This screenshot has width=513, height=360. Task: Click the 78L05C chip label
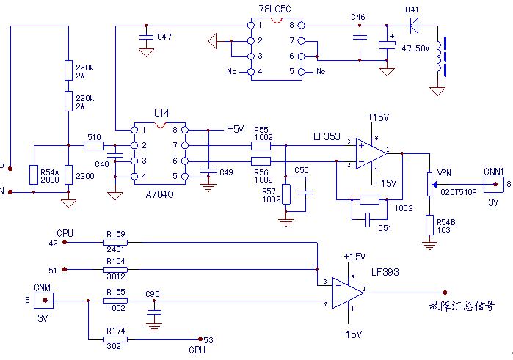click(275, 8)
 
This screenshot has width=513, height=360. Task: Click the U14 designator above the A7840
click(161, 114)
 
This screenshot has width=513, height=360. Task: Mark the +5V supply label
click(235, 129)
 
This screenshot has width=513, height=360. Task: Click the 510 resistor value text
click(95, 136)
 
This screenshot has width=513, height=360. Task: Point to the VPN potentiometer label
click(444, 173)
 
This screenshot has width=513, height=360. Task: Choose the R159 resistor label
click(115, 234)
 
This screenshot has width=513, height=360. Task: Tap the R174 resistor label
click(115, 331)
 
